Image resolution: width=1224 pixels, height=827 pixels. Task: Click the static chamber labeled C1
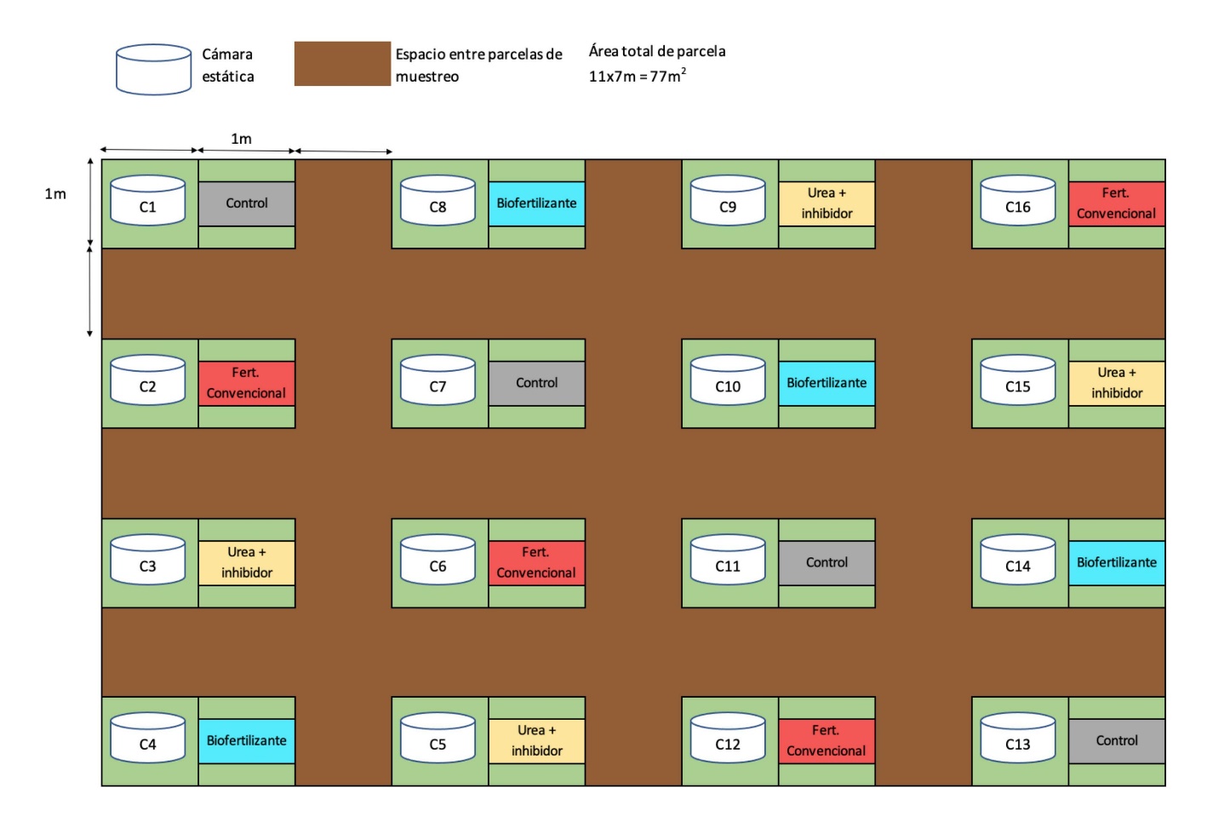(147, 202)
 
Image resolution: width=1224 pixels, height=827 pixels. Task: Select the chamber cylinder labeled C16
(1018, 202)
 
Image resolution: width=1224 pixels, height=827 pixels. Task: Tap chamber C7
(438, 381)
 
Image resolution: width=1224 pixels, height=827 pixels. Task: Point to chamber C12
(728, 739)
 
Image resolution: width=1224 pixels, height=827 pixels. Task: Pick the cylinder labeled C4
(147, 739)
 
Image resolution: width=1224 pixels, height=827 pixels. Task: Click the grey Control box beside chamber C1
(247, 203)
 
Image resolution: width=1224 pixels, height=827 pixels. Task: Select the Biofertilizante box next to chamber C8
(536, 203)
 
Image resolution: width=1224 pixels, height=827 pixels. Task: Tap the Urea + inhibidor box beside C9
(826, 203)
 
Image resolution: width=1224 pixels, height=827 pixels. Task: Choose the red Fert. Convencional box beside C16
(1117, 203)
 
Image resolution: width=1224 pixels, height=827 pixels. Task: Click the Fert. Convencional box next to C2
(247, 383)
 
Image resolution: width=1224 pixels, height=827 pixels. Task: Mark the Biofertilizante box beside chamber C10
(826, 383)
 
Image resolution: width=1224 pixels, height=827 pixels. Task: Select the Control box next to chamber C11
(826, 562)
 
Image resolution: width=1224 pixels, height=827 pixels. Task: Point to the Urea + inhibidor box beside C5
(536, 741)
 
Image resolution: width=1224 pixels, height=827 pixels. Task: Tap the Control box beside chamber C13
(1117, 741)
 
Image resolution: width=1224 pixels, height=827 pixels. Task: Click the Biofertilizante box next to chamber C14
(1117, 562)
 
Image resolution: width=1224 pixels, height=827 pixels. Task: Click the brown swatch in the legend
(342, 64)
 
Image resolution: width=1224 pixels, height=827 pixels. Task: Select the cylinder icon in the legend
(153, 69)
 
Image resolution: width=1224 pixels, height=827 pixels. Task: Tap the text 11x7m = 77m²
(637, 76)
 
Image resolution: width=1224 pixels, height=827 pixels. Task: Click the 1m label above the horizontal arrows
(241, 139)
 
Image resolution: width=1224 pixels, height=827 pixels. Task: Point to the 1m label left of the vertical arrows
(55, 194)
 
